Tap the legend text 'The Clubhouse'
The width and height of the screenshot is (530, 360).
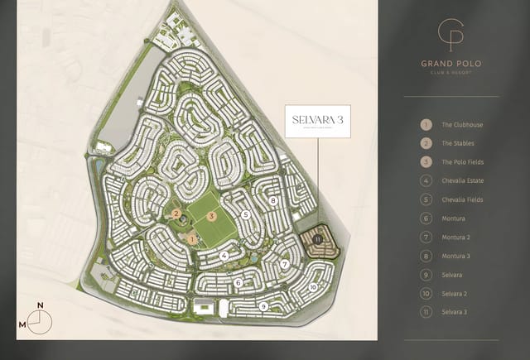pos(462,125)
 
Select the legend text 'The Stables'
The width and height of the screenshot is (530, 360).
pos(459,143)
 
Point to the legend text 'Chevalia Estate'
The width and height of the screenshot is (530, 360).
pos(463,181)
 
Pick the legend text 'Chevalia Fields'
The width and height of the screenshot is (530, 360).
pos(462,199)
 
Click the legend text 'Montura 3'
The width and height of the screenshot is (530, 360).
pos(456,256)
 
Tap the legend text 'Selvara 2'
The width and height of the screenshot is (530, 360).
pos(455,293)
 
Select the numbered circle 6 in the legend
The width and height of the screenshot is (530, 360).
pos(426,218)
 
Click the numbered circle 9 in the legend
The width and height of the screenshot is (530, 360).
pos(426,275)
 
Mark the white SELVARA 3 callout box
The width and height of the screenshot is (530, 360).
pos(319,121)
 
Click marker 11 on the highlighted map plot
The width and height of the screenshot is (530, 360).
pos(318,239)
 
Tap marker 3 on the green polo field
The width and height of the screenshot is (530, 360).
pos(213,216)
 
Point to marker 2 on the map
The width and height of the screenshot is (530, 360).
pos(177,213)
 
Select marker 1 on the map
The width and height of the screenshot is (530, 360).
pos(191,239)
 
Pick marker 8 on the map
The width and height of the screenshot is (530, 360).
pos(272,201)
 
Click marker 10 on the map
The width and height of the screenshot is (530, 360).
pos(313,287)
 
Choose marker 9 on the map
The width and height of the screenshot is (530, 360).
pos(263,306)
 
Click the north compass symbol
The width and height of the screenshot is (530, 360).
pos(41,319)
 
